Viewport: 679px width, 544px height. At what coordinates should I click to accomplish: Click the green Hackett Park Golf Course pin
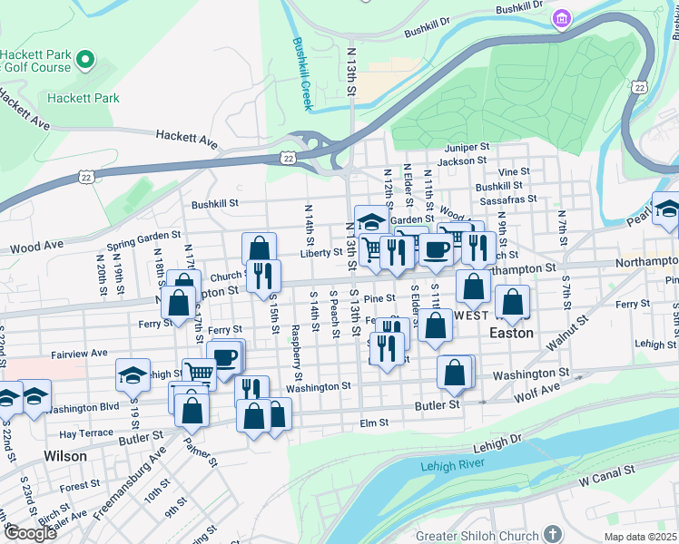[86, 60]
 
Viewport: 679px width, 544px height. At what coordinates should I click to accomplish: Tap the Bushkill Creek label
[301, 73]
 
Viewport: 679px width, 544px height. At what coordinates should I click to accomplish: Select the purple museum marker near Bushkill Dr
[562, 18]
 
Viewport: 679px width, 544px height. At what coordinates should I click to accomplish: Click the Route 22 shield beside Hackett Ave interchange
[289, 159]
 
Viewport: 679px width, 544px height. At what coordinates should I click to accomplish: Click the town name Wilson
[65, 456]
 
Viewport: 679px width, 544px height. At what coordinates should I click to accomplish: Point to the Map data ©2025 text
[640, 537]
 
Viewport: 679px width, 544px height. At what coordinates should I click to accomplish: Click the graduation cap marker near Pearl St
[666, 209]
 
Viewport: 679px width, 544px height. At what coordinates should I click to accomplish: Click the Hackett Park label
[84, 98]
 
